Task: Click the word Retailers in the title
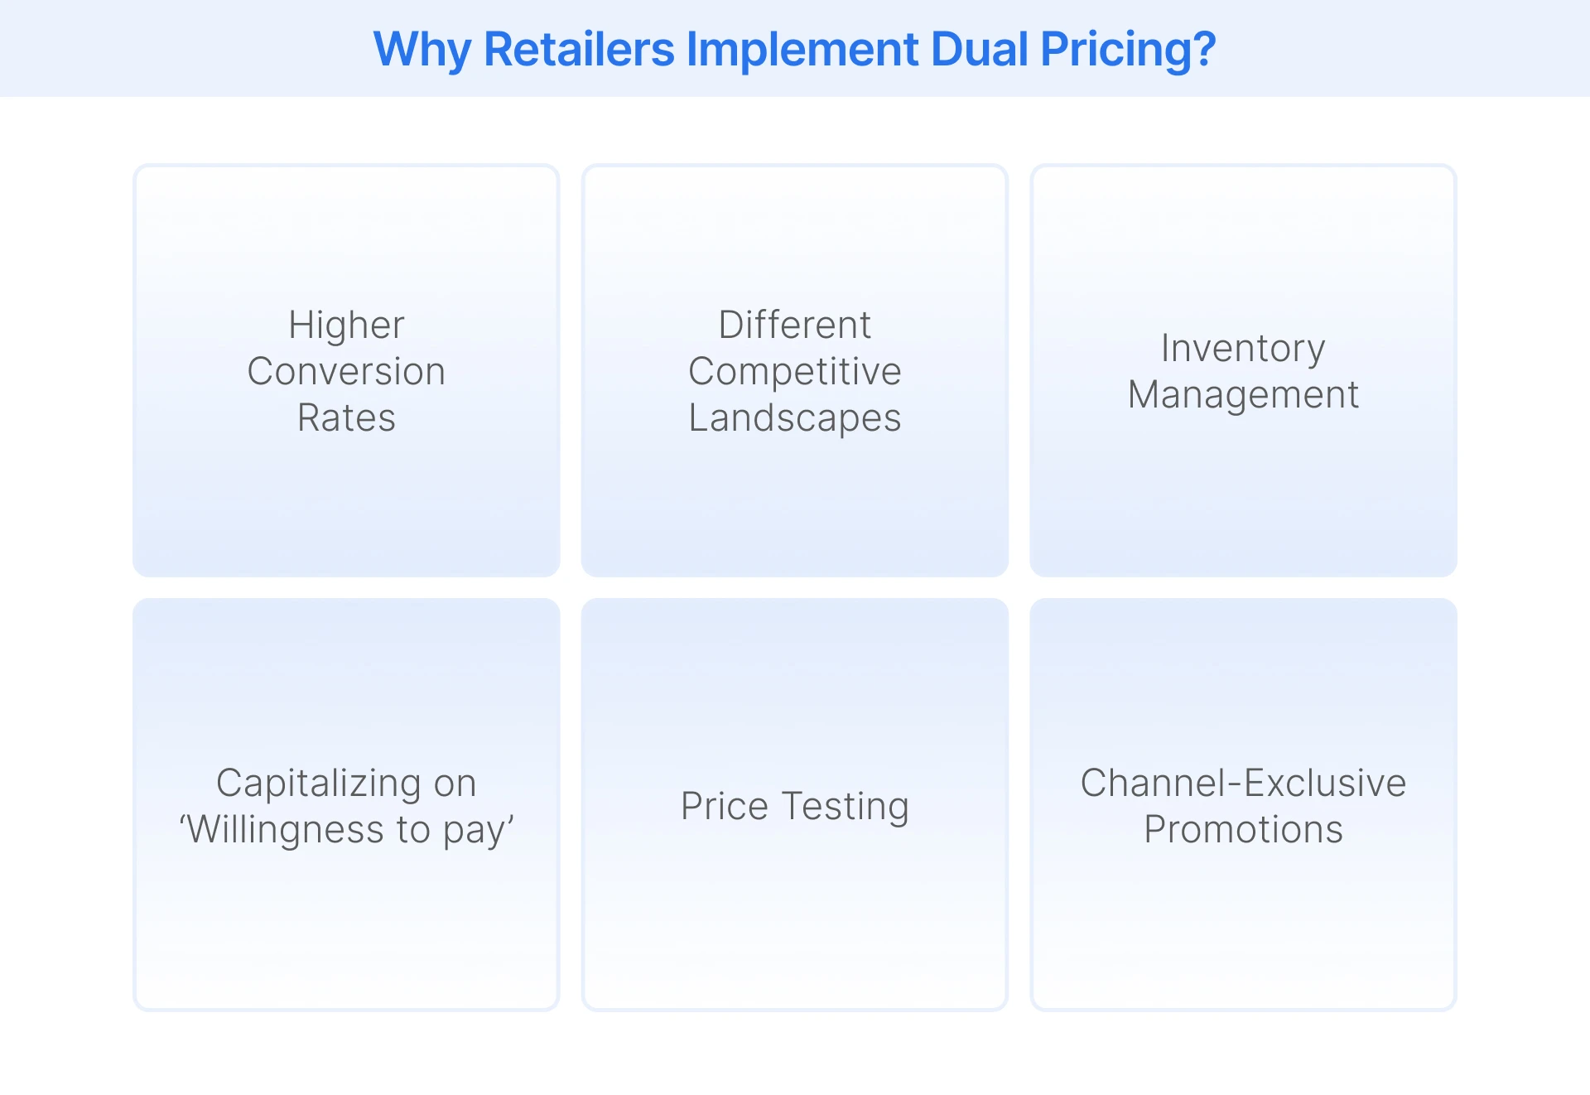(x=579, y=49)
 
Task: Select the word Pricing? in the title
(x=1129, y=49)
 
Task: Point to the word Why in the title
(x=422, y=49)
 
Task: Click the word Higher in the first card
(x=346, y=325)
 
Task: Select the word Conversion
(x=346, y=371)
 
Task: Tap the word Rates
(x=346, y=417)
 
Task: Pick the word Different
(x=795, y=325)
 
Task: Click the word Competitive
(x=795, y=371)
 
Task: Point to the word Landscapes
(x=795, y=417)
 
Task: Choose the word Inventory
(x=1243, y=348)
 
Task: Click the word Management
(x=1243, y=394)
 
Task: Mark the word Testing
(x=846, y=806)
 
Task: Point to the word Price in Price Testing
(x=725, y=806)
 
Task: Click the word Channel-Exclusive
(x=1243, y=783)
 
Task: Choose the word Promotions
(x=1243, y=829)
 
